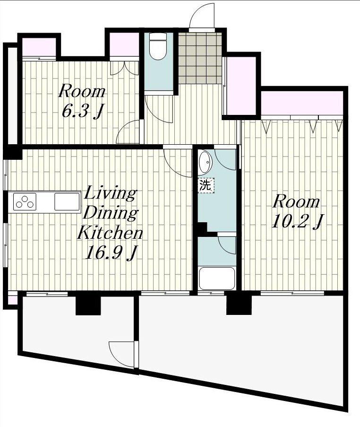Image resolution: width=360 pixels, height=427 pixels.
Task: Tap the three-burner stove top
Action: click(25, 201)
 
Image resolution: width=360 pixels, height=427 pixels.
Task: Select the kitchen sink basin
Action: click(67, 201)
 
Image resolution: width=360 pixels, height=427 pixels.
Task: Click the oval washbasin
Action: click(205, 163)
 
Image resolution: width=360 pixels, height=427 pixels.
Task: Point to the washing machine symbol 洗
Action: click(206, 185)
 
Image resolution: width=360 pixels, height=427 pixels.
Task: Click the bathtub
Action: click(216, 279)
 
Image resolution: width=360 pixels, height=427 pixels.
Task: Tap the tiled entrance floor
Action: click(199, 58)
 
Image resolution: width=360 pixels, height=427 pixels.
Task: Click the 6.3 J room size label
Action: click(83, 111)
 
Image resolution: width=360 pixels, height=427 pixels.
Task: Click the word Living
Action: click(110, 194)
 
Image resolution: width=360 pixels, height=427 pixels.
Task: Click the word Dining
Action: click(111, 213)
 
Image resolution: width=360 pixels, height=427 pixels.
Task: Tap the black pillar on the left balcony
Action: click(88, 305)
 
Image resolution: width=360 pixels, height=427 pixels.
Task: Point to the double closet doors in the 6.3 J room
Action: click(125, 68)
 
